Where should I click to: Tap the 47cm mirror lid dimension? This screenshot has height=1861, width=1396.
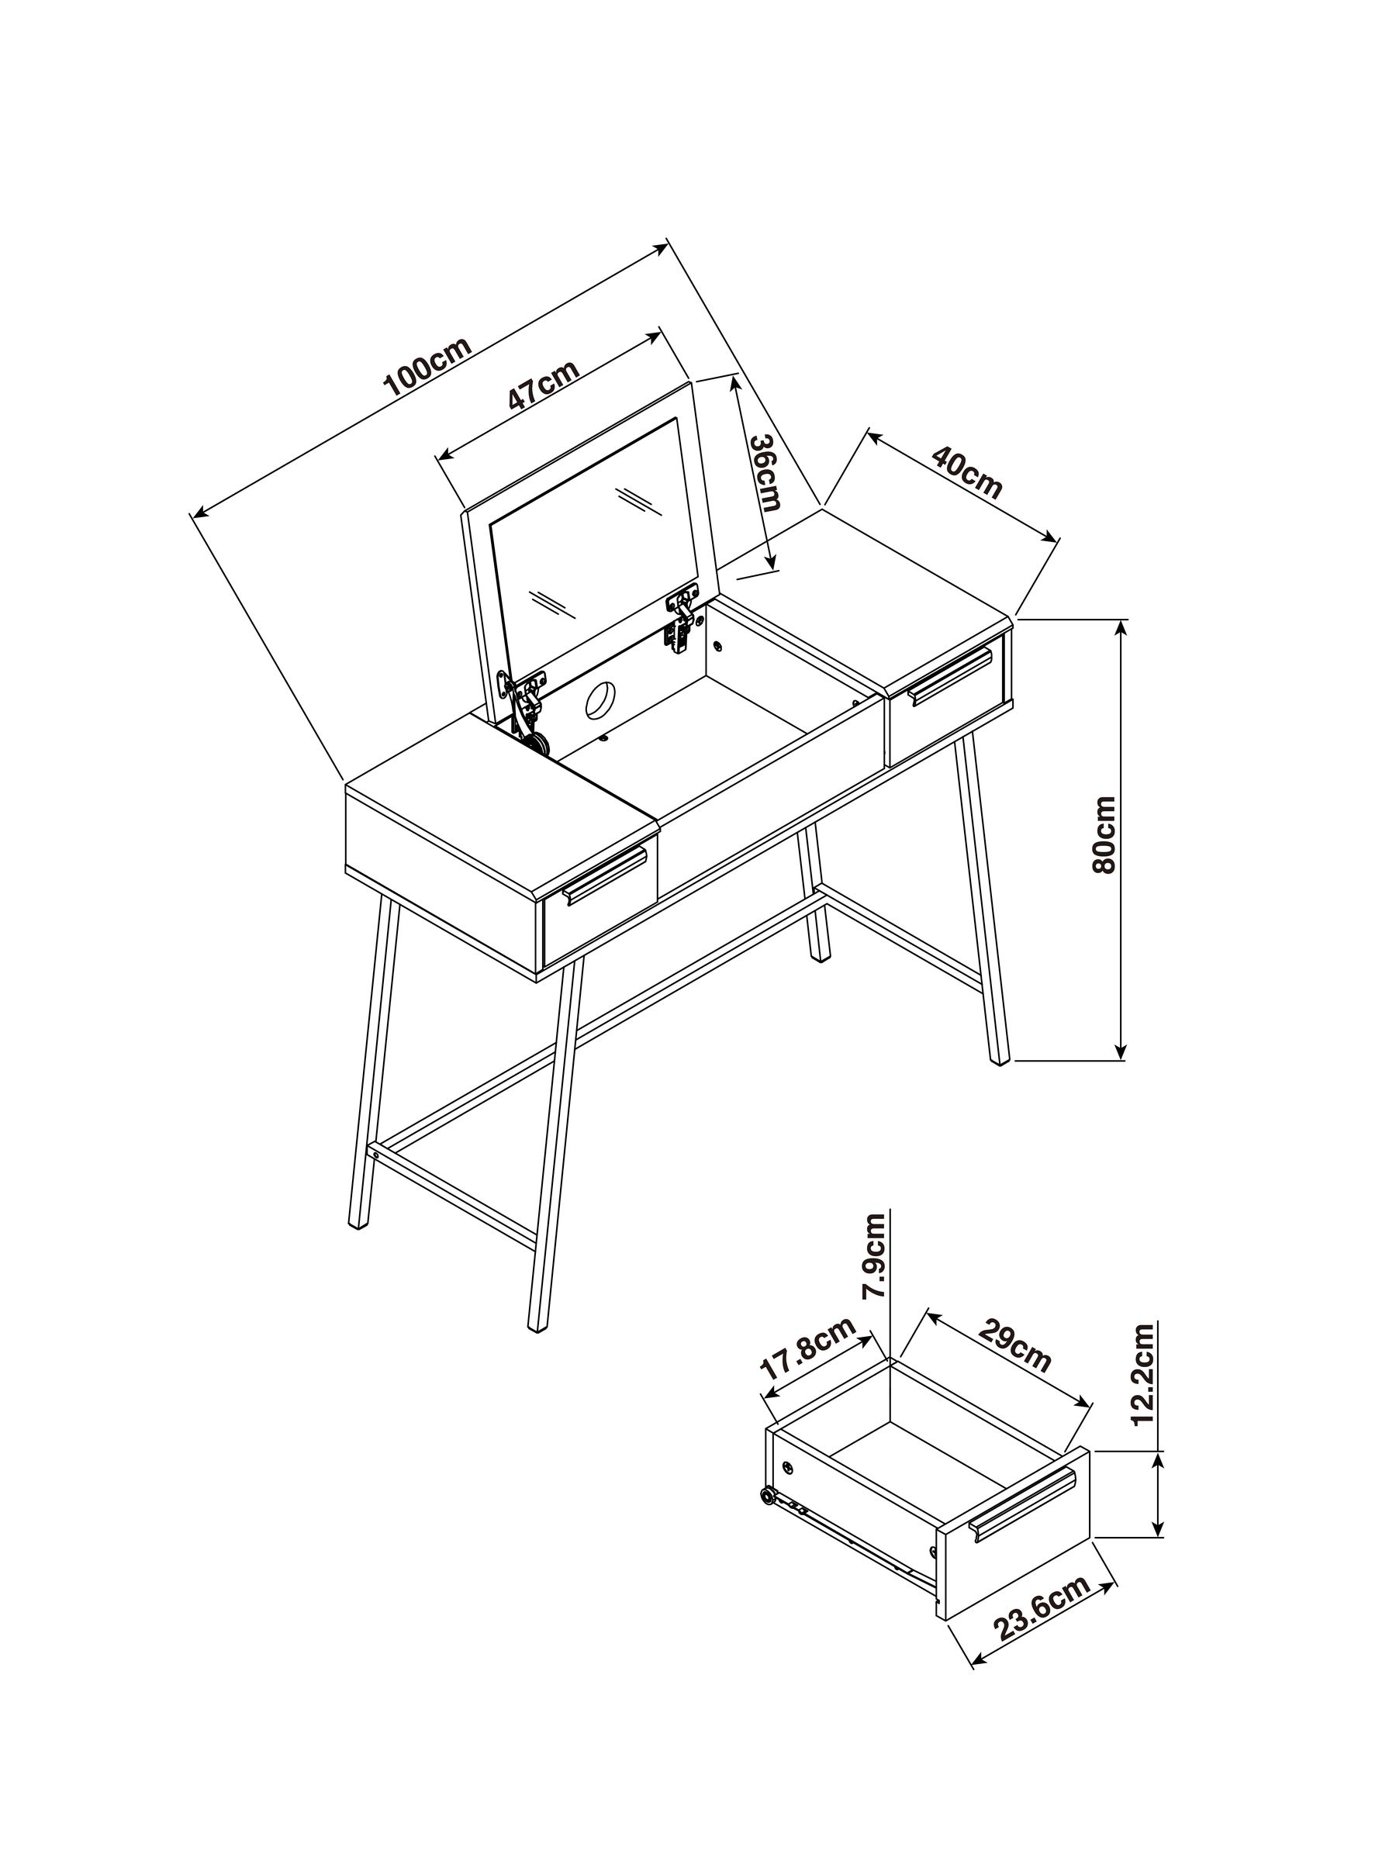click(544, 384)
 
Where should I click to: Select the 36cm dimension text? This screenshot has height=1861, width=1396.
click(765, 473)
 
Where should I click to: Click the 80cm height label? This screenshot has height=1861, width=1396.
click(1103, 834)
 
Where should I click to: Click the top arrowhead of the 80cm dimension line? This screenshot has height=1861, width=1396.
click(1120, 627)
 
